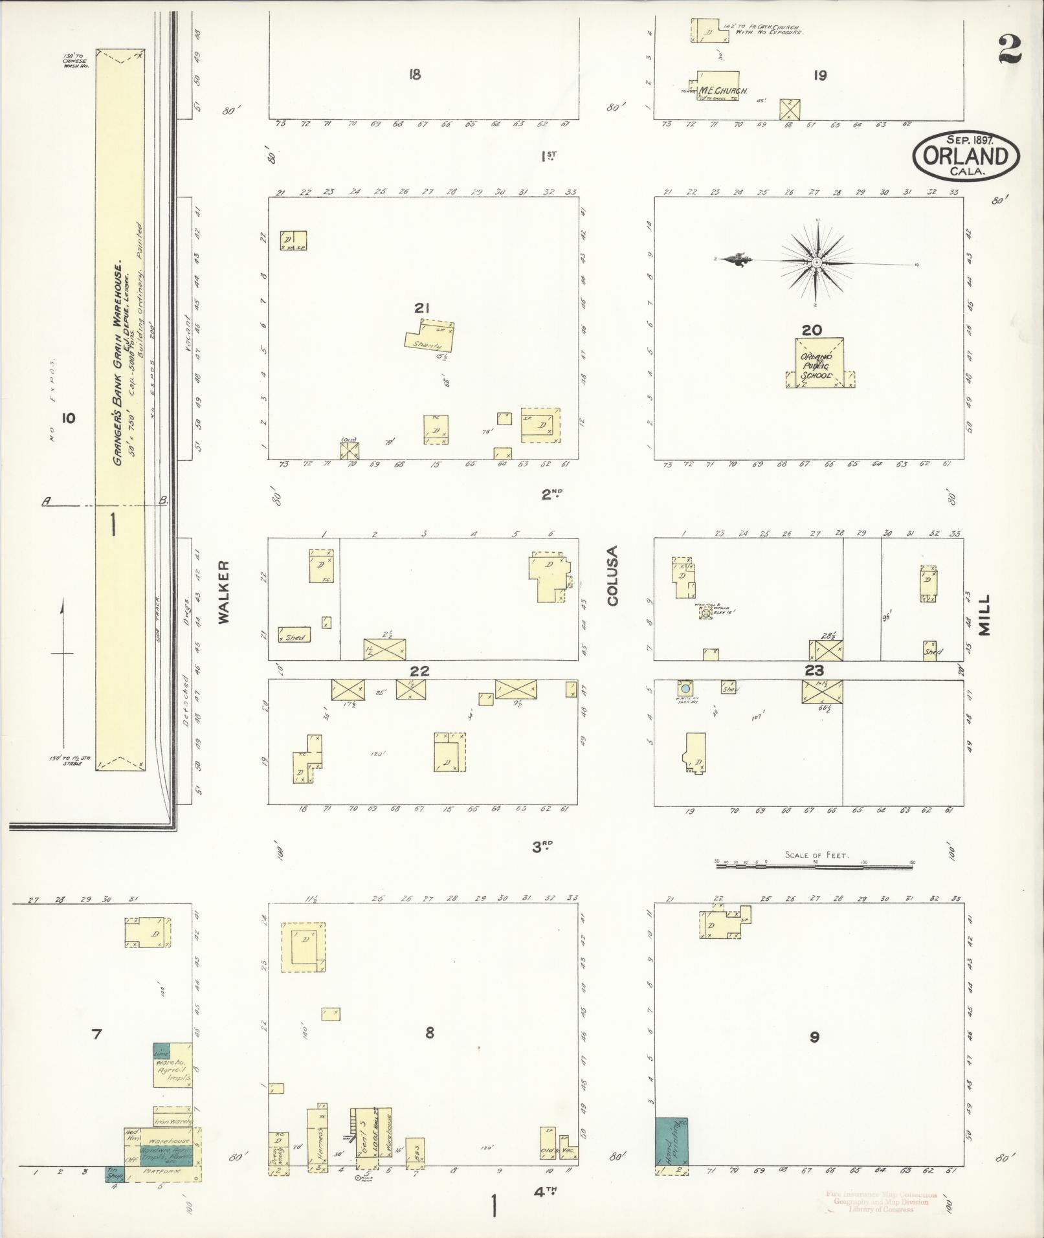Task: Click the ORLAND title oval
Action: coord(966,157)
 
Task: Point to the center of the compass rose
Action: coord(817,263)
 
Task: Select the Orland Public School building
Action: coord(819,363)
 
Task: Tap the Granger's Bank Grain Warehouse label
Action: coord(119,363)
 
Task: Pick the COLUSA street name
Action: coord(612,576)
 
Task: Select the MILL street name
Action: coord(984,615)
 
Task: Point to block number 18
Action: coord(414,74)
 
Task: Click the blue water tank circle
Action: coord(685,689)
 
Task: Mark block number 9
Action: coord(814,1037)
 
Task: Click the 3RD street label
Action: coord(542,846)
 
